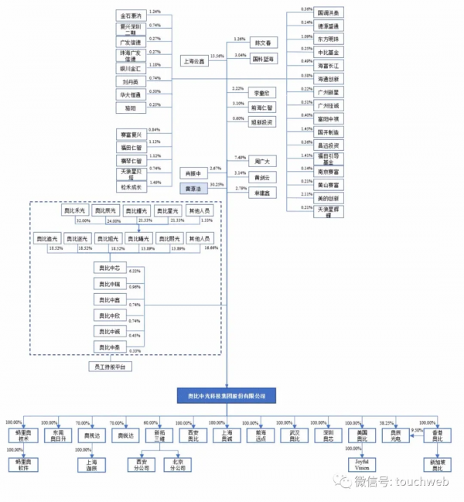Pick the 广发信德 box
click(x=128, y=42)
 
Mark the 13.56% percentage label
click(x=217, y=56)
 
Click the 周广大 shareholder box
click(x=261, y=161)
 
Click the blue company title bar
click(x=226, y=395)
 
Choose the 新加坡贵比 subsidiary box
click(x=438, y=465)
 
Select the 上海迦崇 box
click(x=87, y=465)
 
